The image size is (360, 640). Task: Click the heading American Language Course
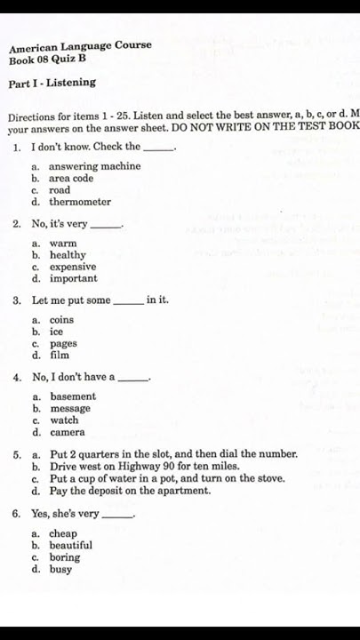click(80, 45)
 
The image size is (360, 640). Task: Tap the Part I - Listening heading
click(52, 83)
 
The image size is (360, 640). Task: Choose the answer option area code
click(71, 178)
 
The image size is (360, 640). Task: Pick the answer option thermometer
click(80, 202)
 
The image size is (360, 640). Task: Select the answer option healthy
click(68, 255)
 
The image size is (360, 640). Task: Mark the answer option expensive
click(73, 267)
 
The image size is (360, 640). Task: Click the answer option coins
click(61, 320)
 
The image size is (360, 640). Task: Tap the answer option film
click(59, 356)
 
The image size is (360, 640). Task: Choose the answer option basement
click(73, 396)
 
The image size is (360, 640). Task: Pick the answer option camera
click(68, 433)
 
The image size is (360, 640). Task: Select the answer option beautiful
click(70, 545)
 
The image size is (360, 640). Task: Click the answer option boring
click(65, 557)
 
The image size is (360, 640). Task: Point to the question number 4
click(17, 377)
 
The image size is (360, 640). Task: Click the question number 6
click(17, 514)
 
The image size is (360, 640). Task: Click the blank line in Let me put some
click(129, 302)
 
